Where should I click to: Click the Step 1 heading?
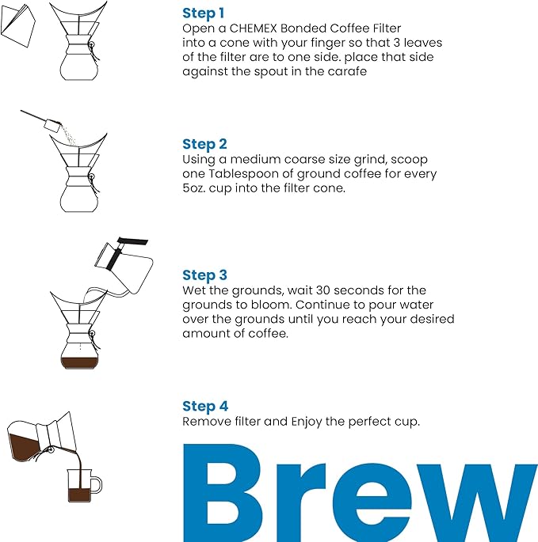[x=204, y=13]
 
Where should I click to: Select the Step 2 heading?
[x=204, y=144]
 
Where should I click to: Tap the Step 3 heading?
[x=204, y=275]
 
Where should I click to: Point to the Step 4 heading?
[x=205, y=407]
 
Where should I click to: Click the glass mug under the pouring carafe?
[x=81, y=487]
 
